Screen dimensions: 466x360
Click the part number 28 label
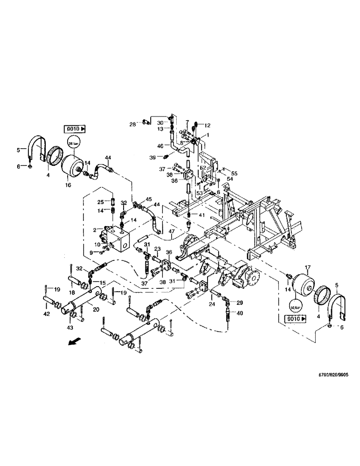point(132,124)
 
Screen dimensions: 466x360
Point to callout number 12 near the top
point(208,125)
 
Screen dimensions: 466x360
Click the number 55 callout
point(235,173)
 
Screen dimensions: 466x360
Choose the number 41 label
point(201,215)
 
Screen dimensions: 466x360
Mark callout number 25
point(100,202)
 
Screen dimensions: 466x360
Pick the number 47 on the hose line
point(171,231)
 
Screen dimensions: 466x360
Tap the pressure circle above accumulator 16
point(74,142)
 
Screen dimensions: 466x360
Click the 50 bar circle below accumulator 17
point(295,308)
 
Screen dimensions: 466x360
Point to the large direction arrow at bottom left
point(72,343)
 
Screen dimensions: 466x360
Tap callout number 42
point(47,315)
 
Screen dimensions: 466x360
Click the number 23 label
point(157,248)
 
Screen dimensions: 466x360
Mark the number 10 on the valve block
point(97,244)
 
